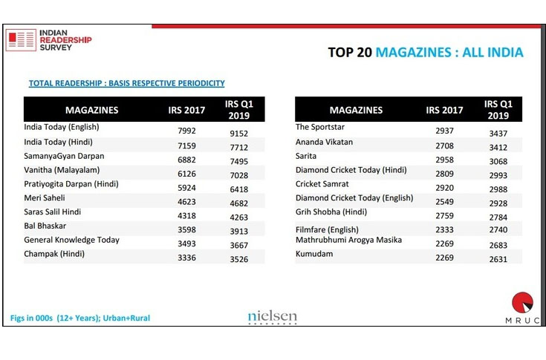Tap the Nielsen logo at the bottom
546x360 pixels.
272,317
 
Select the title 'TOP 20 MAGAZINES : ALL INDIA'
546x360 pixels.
425,53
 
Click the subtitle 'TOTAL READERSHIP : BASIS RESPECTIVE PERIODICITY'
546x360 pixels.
126,83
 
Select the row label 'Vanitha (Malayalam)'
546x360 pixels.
62,169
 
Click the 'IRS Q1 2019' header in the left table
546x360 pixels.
239,110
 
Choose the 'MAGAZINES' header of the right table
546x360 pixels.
356,110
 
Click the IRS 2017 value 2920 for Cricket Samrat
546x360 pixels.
443,189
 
